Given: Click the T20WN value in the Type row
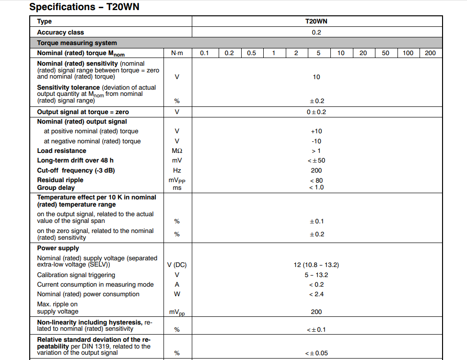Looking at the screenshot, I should tap(316, 21).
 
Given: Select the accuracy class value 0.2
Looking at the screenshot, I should tap(316, 32).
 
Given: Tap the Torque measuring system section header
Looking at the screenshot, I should tap(77, 43).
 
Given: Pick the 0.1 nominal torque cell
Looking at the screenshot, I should tap(204, 53).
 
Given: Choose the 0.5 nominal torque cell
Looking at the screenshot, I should tap(251, 53).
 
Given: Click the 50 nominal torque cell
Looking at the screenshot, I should tap(385, 53).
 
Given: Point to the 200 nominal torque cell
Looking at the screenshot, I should tap(430, 53).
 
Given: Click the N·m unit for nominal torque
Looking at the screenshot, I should tap(177, 53).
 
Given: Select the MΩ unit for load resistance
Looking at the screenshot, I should tap(177, 151).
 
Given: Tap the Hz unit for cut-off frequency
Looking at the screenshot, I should tap(177, 170).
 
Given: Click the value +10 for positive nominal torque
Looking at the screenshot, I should tap(316, 131).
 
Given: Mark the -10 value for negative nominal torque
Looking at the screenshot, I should tap(316, 141).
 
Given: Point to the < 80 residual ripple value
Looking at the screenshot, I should tap(316, 180).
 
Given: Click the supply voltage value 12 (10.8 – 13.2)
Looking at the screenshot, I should tap(316, 265).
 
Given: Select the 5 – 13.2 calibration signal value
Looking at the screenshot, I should tap(316, 275).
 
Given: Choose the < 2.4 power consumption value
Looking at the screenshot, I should tap(316, 294).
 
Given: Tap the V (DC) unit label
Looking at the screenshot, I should tap(177, 265).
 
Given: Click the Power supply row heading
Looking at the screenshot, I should tap(58, 248).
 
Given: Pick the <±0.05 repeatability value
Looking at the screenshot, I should tap(316, 353).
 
